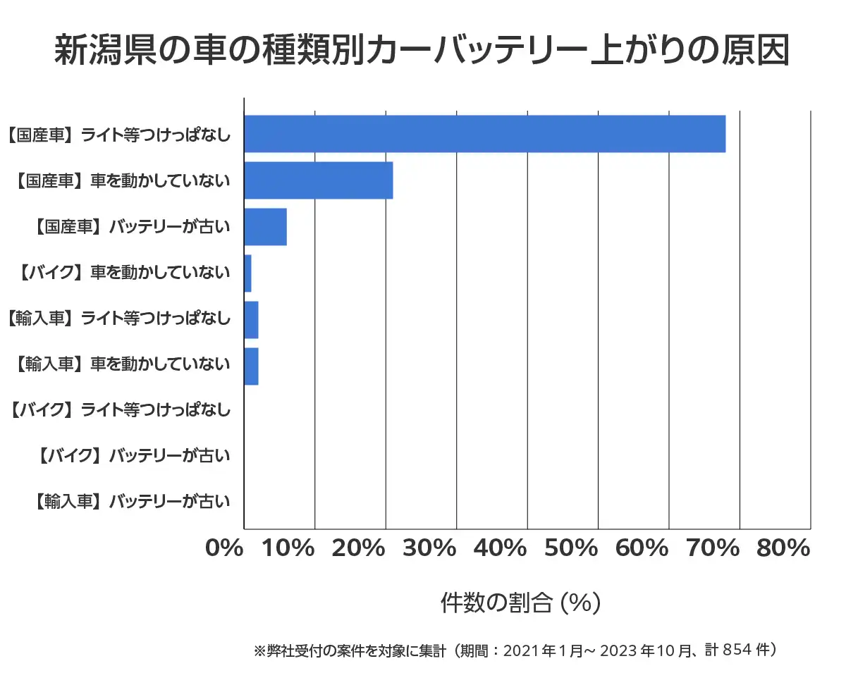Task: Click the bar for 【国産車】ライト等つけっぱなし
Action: click(484, 133)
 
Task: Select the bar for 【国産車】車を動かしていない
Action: click(318, 180)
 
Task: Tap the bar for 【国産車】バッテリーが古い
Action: click(265, 227)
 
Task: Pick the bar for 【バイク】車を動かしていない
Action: click(247, 273)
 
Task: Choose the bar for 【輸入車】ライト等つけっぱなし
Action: click(251, 320)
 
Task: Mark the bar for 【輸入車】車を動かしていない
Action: click(251, 366)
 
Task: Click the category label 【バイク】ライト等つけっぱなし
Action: click(121, 409)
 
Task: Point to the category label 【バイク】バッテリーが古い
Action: click(133, 456)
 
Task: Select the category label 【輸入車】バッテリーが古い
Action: click(133, 502)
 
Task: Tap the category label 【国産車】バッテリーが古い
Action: click(133, 227)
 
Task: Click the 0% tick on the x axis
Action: click(224, 548)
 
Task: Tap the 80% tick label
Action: click(783, 548)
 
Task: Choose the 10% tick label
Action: click(288, 548)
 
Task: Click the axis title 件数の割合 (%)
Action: click(520, 603)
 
